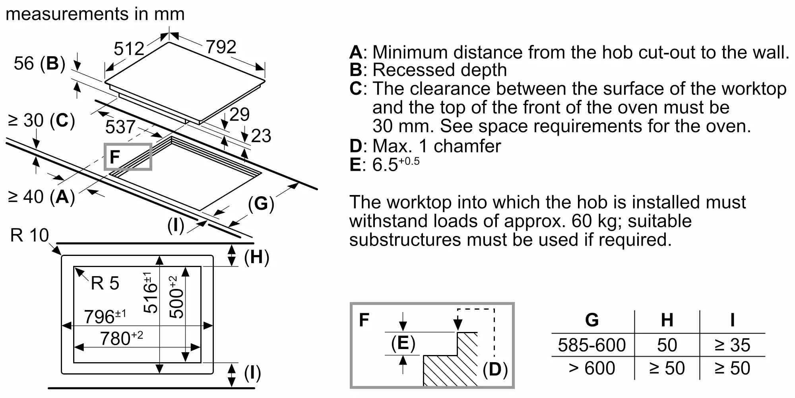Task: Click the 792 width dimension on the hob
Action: coord(221,47)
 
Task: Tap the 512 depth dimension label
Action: coord(129,49)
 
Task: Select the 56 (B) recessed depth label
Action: coord(39,63)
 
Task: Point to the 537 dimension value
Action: coord(120,127)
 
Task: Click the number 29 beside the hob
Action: coord(239,115)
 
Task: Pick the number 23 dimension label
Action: coord(261,136)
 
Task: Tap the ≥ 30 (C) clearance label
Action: coord(41,120)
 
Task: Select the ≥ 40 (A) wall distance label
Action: coord(41,197)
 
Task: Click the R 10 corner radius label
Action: coord(29,235)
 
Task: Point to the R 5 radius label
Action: coord(105,283)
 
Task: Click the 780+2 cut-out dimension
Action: coord(121,338)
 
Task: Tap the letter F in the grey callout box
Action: coord(115,157)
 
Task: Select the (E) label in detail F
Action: coord(403,343)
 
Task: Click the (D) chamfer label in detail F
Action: coord(495,369)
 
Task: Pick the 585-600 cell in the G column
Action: coord(591,345)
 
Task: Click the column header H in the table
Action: coord(667,320)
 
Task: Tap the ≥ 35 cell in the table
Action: coord(732,345)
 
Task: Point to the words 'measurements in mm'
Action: coord(95,14)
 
